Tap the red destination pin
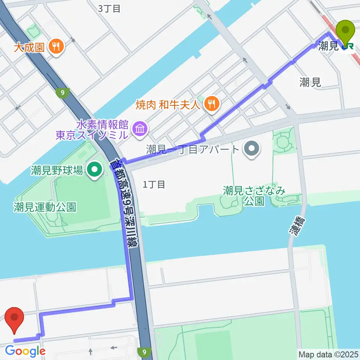[x=15, y=320]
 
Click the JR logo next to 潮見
[x=348, y=46]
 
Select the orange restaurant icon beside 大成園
[x=57, y=46]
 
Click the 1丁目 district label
[x=154, y=184]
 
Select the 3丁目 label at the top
[x=109, y=9]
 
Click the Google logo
[x=25, y=351]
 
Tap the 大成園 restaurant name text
[x=29, y=47]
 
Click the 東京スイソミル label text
[x=91, y=135]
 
